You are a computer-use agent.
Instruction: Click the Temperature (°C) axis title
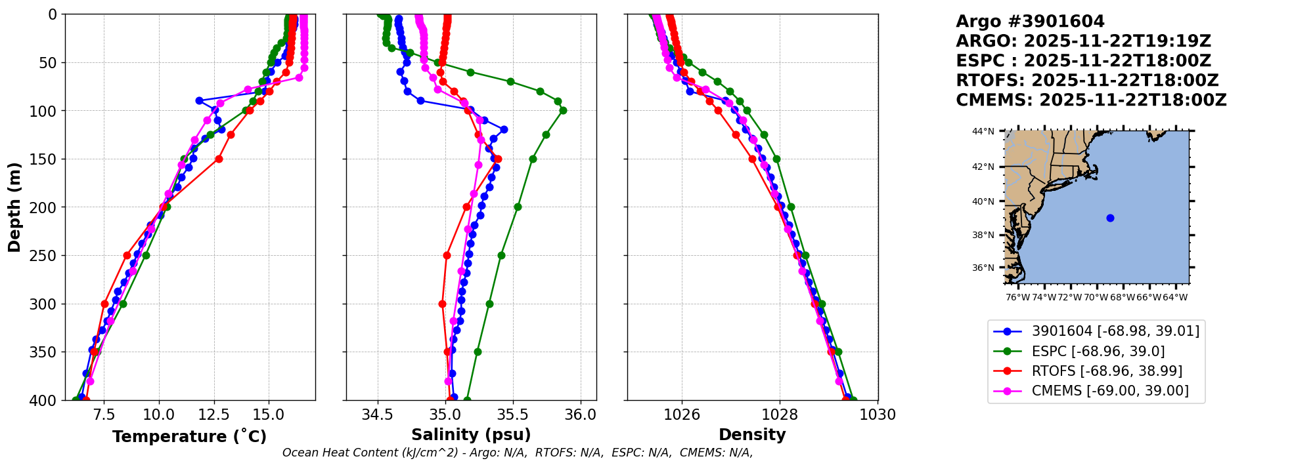189,436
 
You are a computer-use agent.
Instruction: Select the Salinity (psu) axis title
471,434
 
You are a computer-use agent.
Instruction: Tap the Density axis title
752,434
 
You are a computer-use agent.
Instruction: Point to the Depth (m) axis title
14,207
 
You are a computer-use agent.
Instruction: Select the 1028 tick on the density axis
780,415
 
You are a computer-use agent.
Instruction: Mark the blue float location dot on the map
1110,218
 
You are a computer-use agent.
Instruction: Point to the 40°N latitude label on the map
983,201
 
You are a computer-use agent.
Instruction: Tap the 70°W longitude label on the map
1096,297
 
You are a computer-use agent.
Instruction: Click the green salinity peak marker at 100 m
563,110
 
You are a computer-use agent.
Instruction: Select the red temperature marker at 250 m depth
127,255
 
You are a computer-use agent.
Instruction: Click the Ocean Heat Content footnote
518,453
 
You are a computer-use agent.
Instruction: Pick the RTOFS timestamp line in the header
1087,81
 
